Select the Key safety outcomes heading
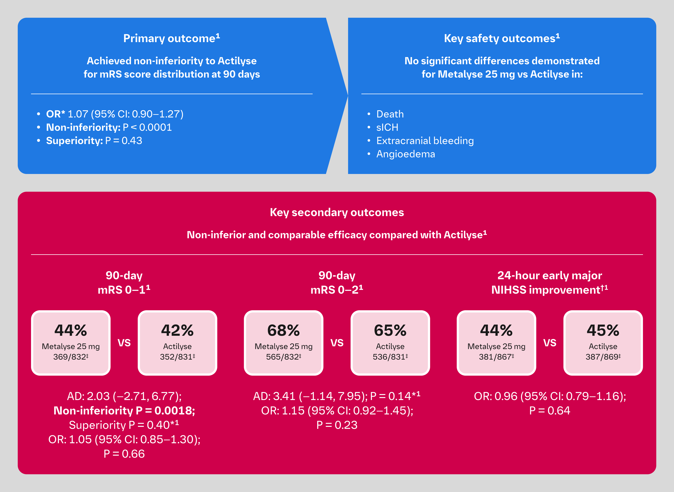502,38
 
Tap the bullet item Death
390,114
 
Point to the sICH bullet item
387,127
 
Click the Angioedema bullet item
406,154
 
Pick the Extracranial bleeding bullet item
425,141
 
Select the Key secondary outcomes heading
337,212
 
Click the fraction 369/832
71,357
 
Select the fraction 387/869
603,357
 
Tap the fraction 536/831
390,357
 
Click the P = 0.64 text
550,411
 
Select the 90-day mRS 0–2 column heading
337,283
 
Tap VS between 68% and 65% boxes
337,343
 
